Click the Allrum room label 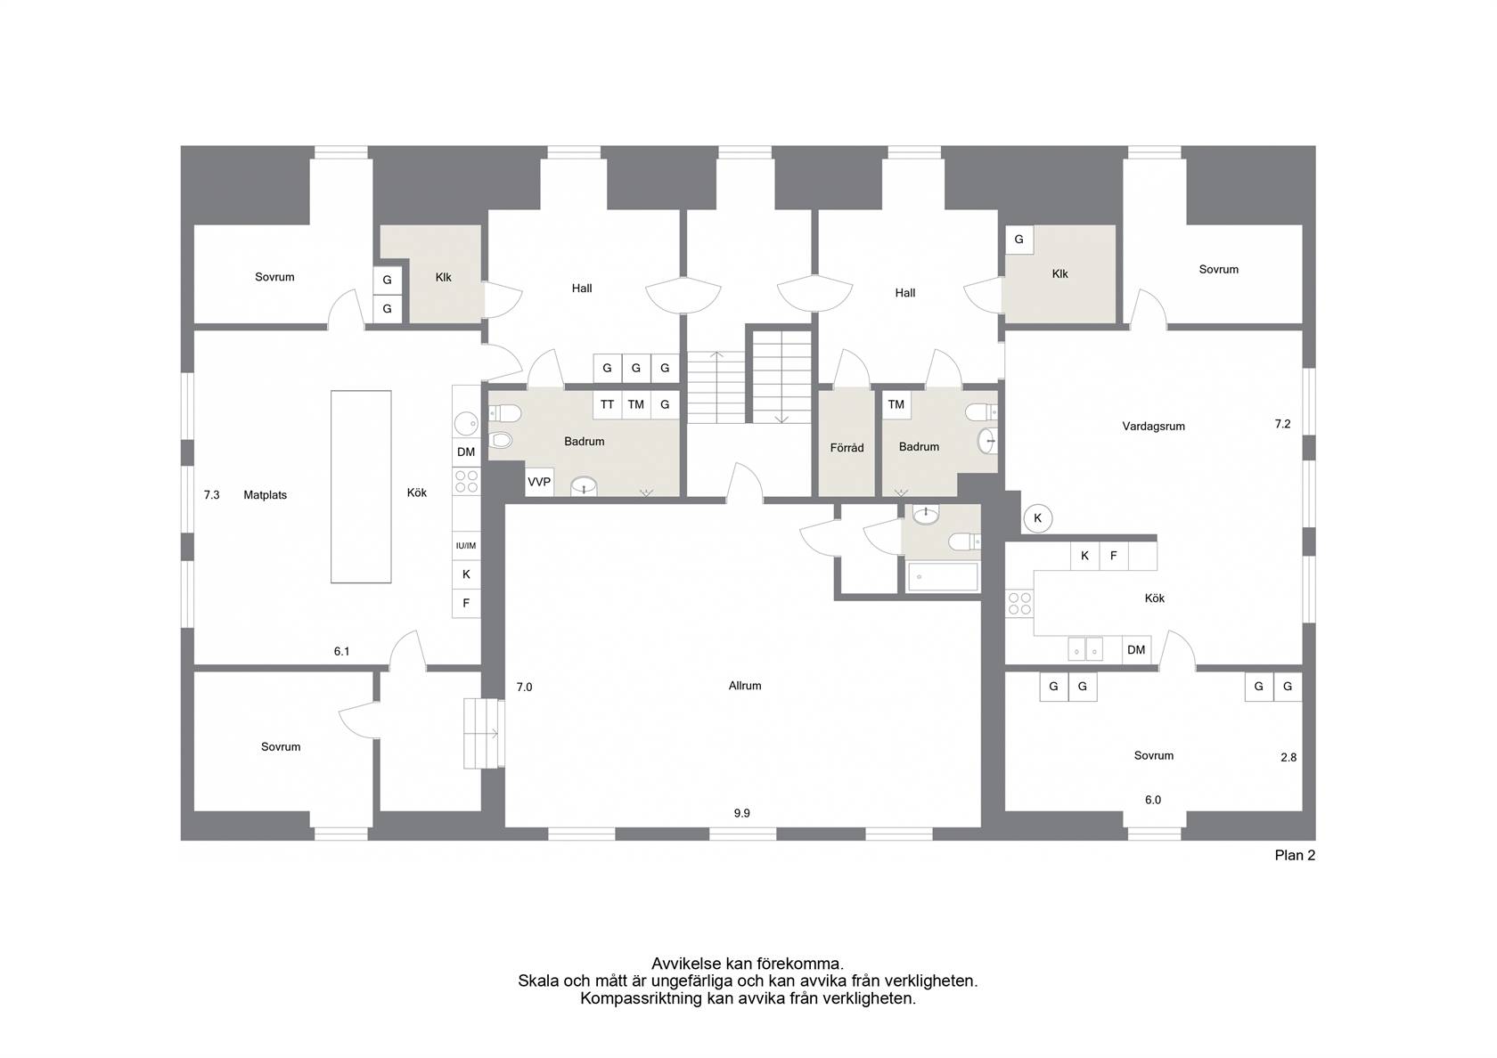(745, 686)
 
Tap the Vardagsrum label (1153, 426)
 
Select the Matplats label (265, 495)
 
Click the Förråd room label (847, 447)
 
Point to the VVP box (539, 482)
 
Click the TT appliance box (607, 404)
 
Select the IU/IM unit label (466, 546)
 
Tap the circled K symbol (1037, 518)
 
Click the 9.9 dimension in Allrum (741, 813)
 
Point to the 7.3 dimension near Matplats (211, 495)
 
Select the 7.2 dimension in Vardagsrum (1282, 424)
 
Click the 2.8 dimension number (1288, 757)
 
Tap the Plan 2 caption (1295, 855)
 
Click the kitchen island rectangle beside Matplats (361, 487)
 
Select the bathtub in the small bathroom (943, 576)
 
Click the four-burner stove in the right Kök (1019, 604)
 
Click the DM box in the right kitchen (1136, 649)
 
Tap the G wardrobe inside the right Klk (1019, 239)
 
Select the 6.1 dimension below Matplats (341, 651)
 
